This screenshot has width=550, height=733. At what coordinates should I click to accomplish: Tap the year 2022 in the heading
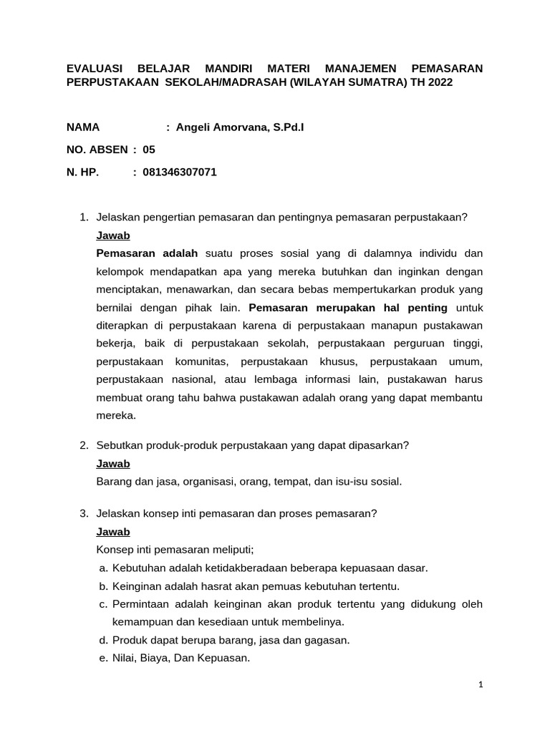click(440, 82)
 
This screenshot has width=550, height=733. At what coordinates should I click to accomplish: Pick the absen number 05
click(149, 150)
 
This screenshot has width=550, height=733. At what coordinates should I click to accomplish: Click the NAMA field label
click(83, 127)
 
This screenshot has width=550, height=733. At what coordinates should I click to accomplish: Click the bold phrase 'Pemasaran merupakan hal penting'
click(347, 308)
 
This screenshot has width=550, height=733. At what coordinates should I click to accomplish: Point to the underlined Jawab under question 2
click(113, 463)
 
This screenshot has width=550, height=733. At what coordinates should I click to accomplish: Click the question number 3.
click(84, 513)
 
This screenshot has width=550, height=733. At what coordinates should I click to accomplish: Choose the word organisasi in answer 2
click(196, 481)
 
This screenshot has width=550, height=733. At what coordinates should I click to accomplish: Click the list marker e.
click(103, 659)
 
